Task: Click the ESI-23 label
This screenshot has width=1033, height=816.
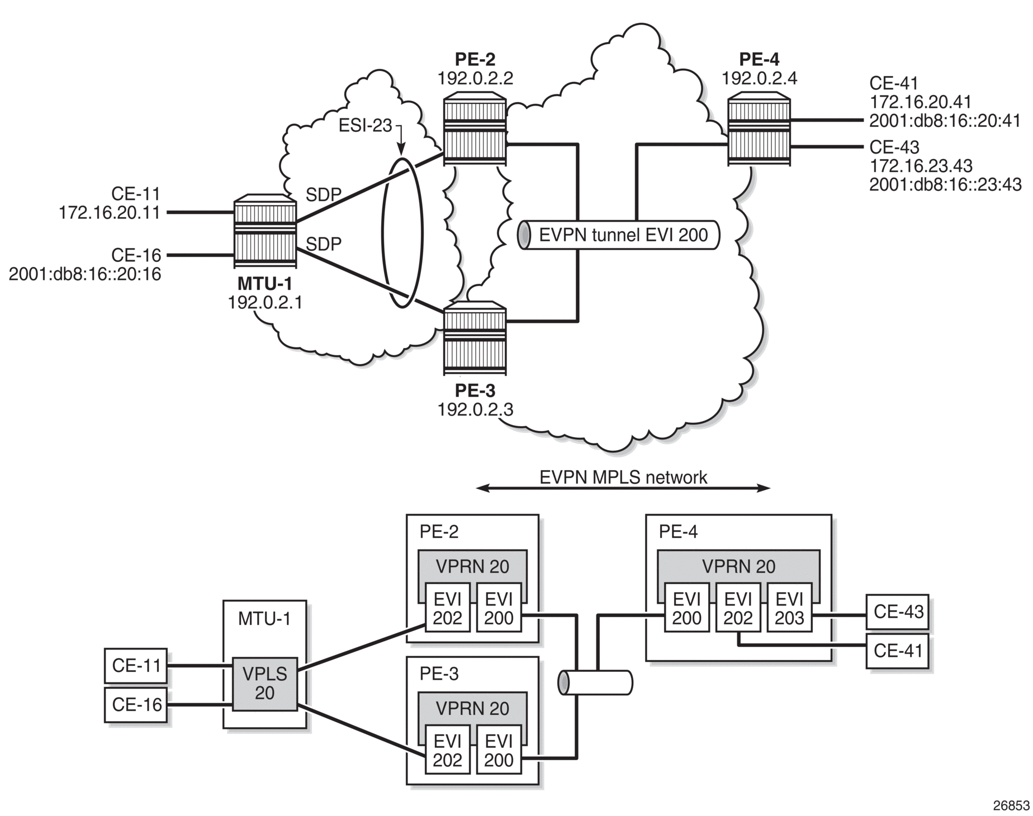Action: [366, 126]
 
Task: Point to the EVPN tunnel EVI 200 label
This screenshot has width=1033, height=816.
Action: [623, 235]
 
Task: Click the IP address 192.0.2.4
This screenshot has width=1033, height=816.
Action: [759, 78]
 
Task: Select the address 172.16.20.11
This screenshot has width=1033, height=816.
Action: [110, 212]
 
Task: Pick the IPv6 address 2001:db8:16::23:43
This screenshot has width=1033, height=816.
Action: [945, 184]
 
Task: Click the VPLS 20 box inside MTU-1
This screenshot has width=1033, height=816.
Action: [264, 683]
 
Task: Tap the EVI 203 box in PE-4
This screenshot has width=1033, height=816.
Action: [789, 608]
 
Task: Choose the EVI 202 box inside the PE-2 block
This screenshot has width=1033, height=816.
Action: [447, 608]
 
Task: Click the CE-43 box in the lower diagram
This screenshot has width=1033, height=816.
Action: [897, 612]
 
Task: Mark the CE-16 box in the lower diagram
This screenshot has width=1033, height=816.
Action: [136, 705]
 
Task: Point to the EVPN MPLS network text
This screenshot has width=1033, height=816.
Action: [623, 478]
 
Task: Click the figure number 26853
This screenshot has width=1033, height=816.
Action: [1011, 805]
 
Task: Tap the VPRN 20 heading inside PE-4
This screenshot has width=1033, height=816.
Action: [738, 566]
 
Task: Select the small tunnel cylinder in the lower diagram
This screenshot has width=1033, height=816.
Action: [595, 683]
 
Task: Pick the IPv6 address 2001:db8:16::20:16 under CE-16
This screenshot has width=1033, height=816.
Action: [85, 274]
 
